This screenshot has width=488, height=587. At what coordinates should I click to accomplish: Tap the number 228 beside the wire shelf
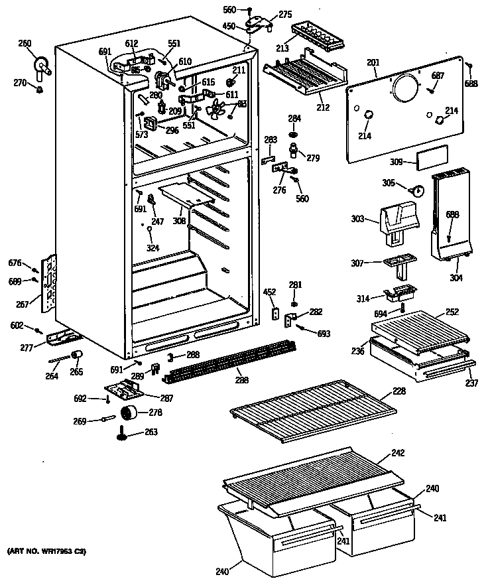tap(398, 391)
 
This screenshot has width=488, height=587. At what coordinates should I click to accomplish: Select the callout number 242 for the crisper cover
tap(397, 453)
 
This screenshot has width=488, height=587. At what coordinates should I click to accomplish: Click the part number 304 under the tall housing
tap(456, 278)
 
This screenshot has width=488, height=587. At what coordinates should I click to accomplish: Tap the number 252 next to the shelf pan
tap(452, 311)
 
